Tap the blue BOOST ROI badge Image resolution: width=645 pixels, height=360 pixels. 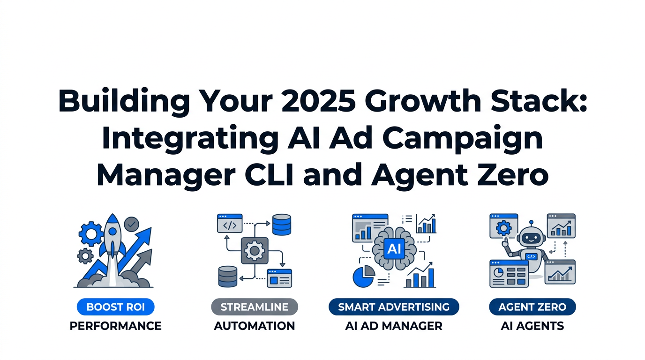click(x=115, y=307)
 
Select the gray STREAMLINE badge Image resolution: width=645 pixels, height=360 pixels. click(x=255, y=307)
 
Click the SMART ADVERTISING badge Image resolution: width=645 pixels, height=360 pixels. click(x=394, y=307)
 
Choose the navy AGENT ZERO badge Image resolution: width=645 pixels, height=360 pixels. click(x=532, y=307)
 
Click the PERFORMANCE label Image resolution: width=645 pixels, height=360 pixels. click(x=115, y=326)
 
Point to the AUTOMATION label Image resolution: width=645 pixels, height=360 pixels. click(x=255, y=326)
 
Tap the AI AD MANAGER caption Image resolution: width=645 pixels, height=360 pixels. click(x=394, y=326)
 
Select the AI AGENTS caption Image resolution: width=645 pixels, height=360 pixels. click(x=532, y=326)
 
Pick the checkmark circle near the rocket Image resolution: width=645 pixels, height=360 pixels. click(x=132, y=224)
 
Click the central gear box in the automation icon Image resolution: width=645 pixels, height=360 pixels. click(x=255, y=250)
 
